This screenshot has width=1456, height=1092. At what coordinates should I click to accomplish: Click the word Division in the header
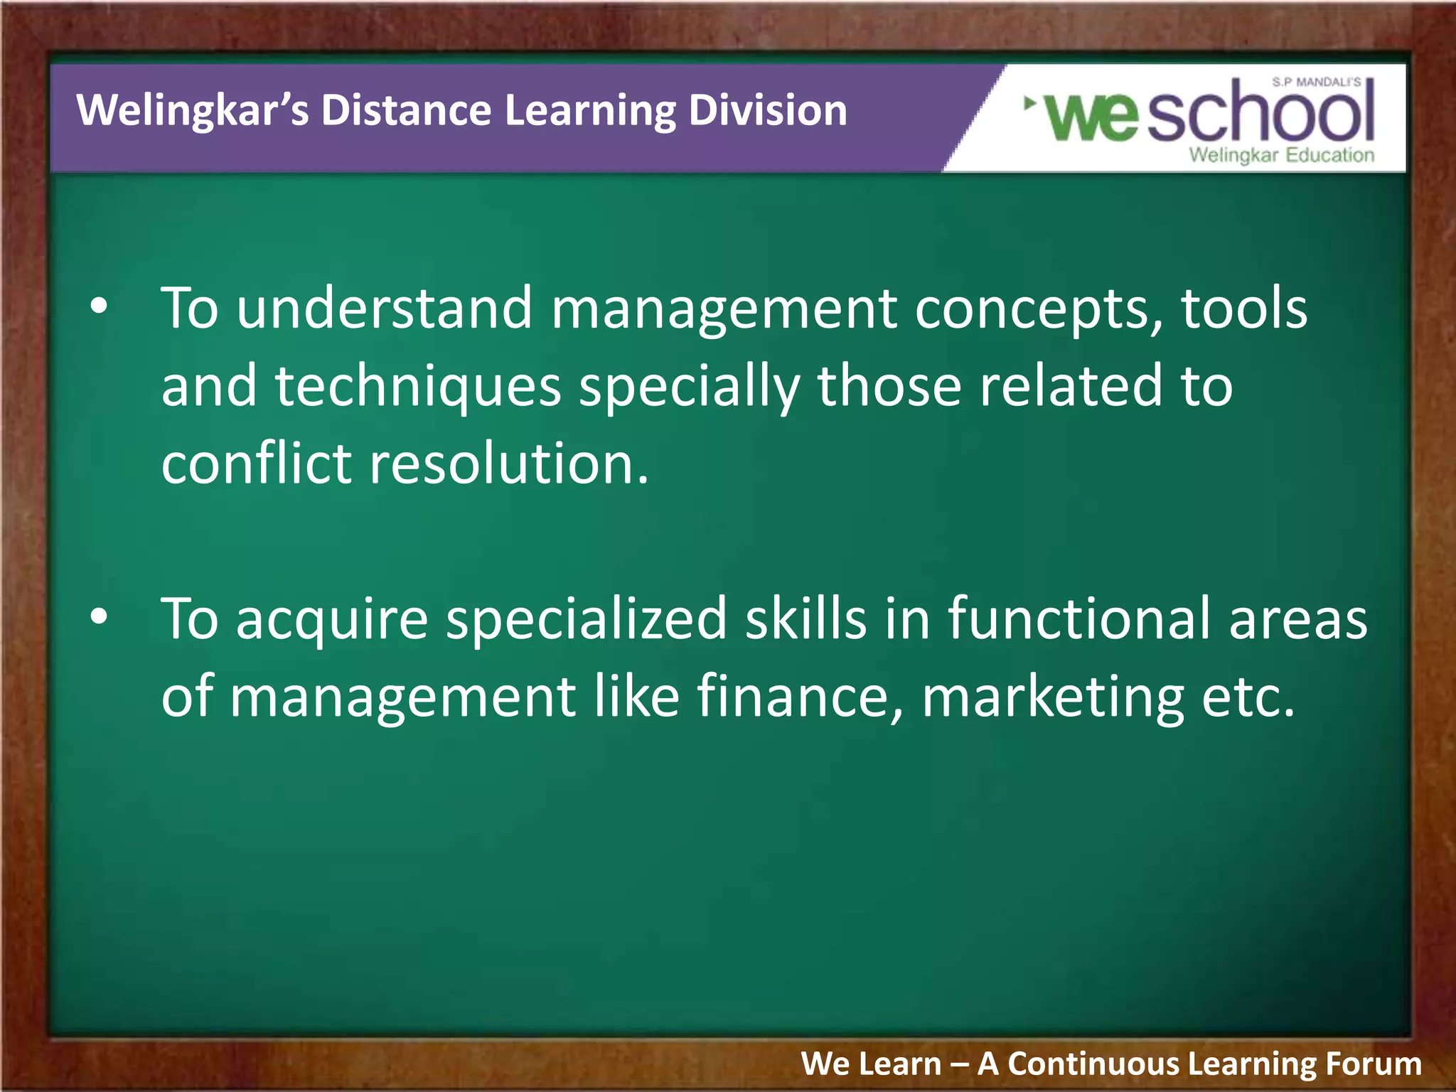(768, 111)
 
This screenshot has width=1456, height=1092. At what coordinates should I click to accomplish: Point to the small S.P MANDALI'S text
(1317, 82)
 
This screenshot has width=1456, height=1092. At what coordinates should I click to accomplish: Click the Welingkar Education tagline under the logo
(1282, 155)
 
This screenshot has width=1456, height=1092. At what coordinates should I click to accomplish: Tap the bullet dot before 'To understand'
(99, 307)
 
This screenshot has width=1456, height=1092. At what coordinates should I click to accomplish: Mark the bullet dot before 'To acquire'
(99, 617)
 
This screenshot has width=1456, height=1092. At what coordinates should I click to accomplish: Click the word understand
(384, 309)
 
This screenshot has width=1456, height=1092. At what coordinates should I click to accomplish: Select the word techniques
(418, 386)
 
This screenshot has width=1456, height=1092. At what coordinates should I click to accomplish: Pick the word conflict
(257, 464)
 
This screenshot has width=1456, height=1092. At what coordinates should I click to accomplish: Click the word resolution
(509, 464)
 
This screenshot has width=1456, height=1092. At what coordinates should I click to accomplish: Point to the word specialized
(587, 619)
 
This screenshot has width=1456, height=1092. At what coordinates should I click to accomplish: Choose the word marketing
(1053, 697)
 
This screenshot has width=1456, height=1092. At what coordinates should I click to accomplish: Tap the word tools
(1244, 309)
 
